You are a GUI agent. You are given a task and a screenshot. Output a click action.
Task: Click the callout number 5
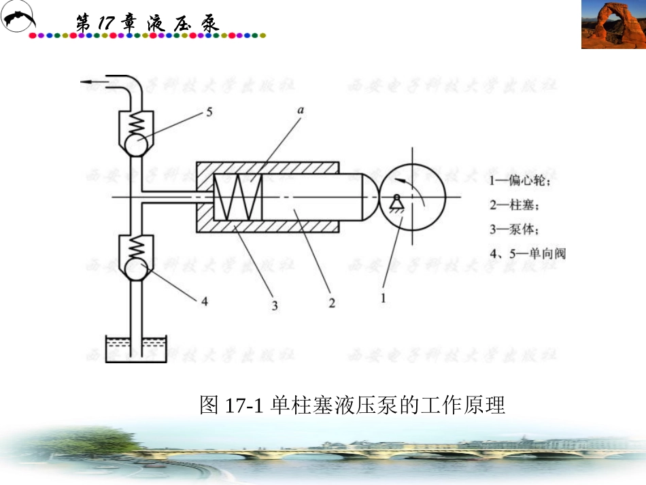tap(209, 112)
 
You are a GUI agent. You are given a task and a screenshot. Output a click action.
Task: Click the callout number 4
tap(204, 301)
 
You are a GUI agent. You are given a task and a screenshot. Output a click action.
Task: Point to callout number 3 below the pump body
tap(274, 306)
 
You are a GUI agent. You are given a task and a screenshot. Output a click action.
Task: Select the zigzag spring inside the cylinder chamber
tap(237, 197)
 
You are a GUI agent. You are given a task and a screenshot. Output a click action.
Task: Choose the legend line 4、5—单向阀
tap(527, 253)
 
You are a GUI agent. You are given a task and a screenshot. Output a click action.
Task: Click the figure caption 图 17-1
tap(352, 405)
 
